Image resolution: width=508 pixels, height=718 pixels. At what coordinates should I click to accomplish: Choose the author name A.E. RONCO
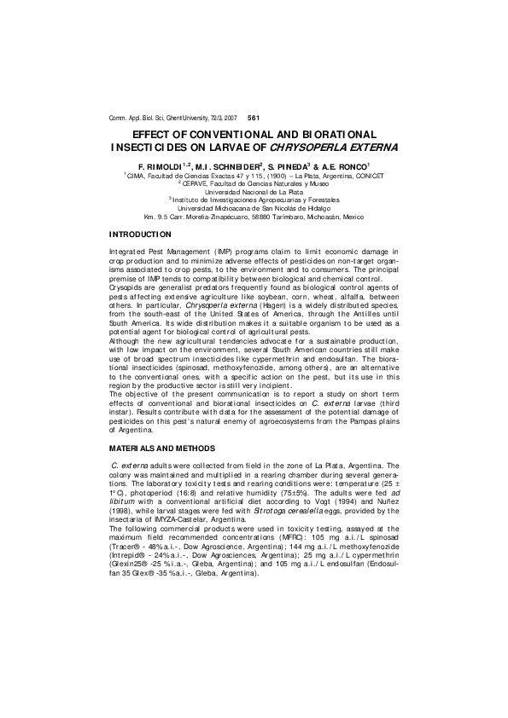[347, 165]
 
